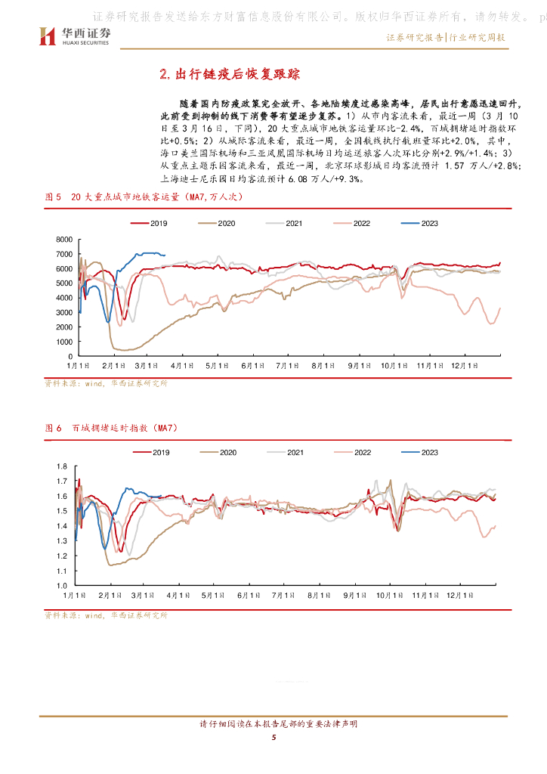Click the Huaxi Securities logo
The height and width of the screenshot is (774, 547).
click(74, 36)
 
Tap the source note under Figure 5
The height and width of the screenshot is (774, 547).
click(106, 383)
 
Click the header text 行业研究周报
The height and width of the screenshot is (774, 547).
click(477, 37)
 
